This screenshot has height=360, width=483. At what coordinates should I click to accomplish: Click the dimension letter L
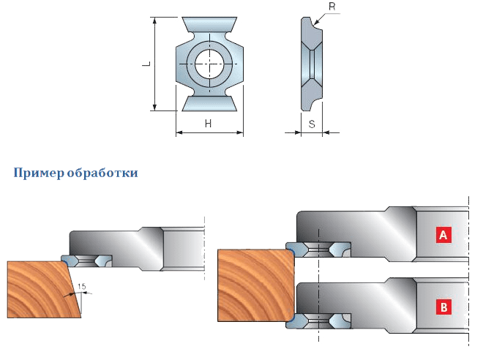point(148,64)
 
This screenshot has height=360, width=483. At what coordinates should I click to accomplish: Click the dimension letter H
point(209,124)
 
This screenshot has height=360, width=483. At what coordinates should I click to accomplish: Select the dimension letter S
point(312,124)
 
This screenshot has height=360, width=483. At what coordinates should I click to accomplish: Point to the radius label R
point(332,7)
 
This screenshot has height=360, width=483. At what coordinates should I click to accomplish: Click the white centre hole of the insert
point(209,64)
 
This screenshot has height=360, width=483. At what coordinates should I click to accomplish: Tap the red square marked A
point(443,235)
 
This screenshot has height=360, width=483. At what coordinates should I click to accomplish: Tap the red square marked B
point(443,307)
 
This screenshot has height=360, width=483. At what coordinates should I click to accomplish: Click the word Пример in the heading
point(39,173)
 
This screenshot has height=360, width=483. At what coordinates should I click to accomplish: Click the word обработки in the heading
point(102,173)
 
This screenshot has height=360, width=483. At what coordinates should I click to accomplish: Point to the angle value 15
point(82,286)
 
